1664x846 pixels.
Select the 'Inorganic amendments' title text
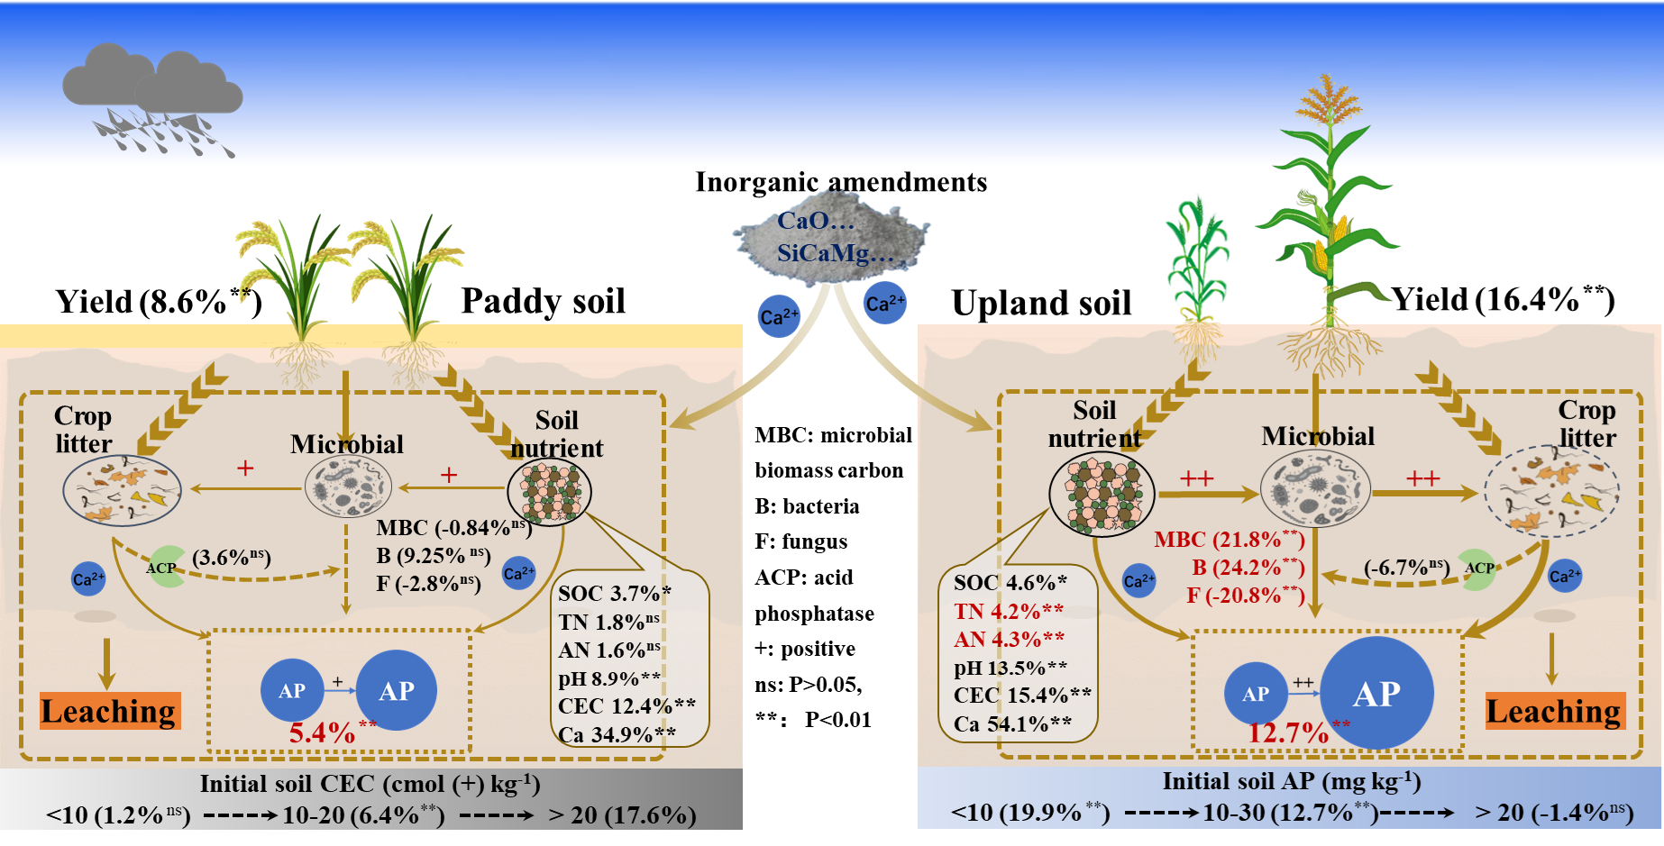[x=841, y=182]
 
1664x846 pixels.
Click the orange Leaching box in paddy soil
[x=110, y=711]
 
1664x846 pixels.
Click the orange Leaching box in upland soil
[x=1554, y=711]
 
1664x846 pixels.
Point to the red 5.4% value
[x=323, y=732]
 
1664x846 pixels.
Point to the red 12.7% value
[x=1288, y=732]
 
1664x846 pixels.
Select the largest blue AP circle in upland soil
[x=1376, y=693]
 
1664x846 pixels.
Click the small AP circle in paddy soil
[x=292, y=691]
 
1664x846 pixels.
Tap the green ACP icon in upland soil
[x=1477, y=569]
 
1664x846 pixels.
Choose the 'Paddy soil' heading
[x=543, y=301]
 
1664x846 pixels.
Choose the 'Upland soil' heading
[x=1041, y=304]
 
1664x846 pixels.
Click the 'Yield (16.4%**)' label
[x=1503, y=299]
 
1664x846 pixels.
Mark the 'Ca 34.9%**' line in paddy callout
[x=617, y=734]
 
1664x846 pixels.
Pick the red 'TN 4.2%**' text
[x=1008, y=611]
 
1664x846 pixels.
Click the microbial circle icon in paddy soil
[x=348, y=487]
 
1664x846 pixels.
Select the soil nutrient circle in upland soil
[x=1102, y=494]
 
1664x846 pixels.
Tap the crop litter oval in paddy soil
[x=122, y=491]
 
